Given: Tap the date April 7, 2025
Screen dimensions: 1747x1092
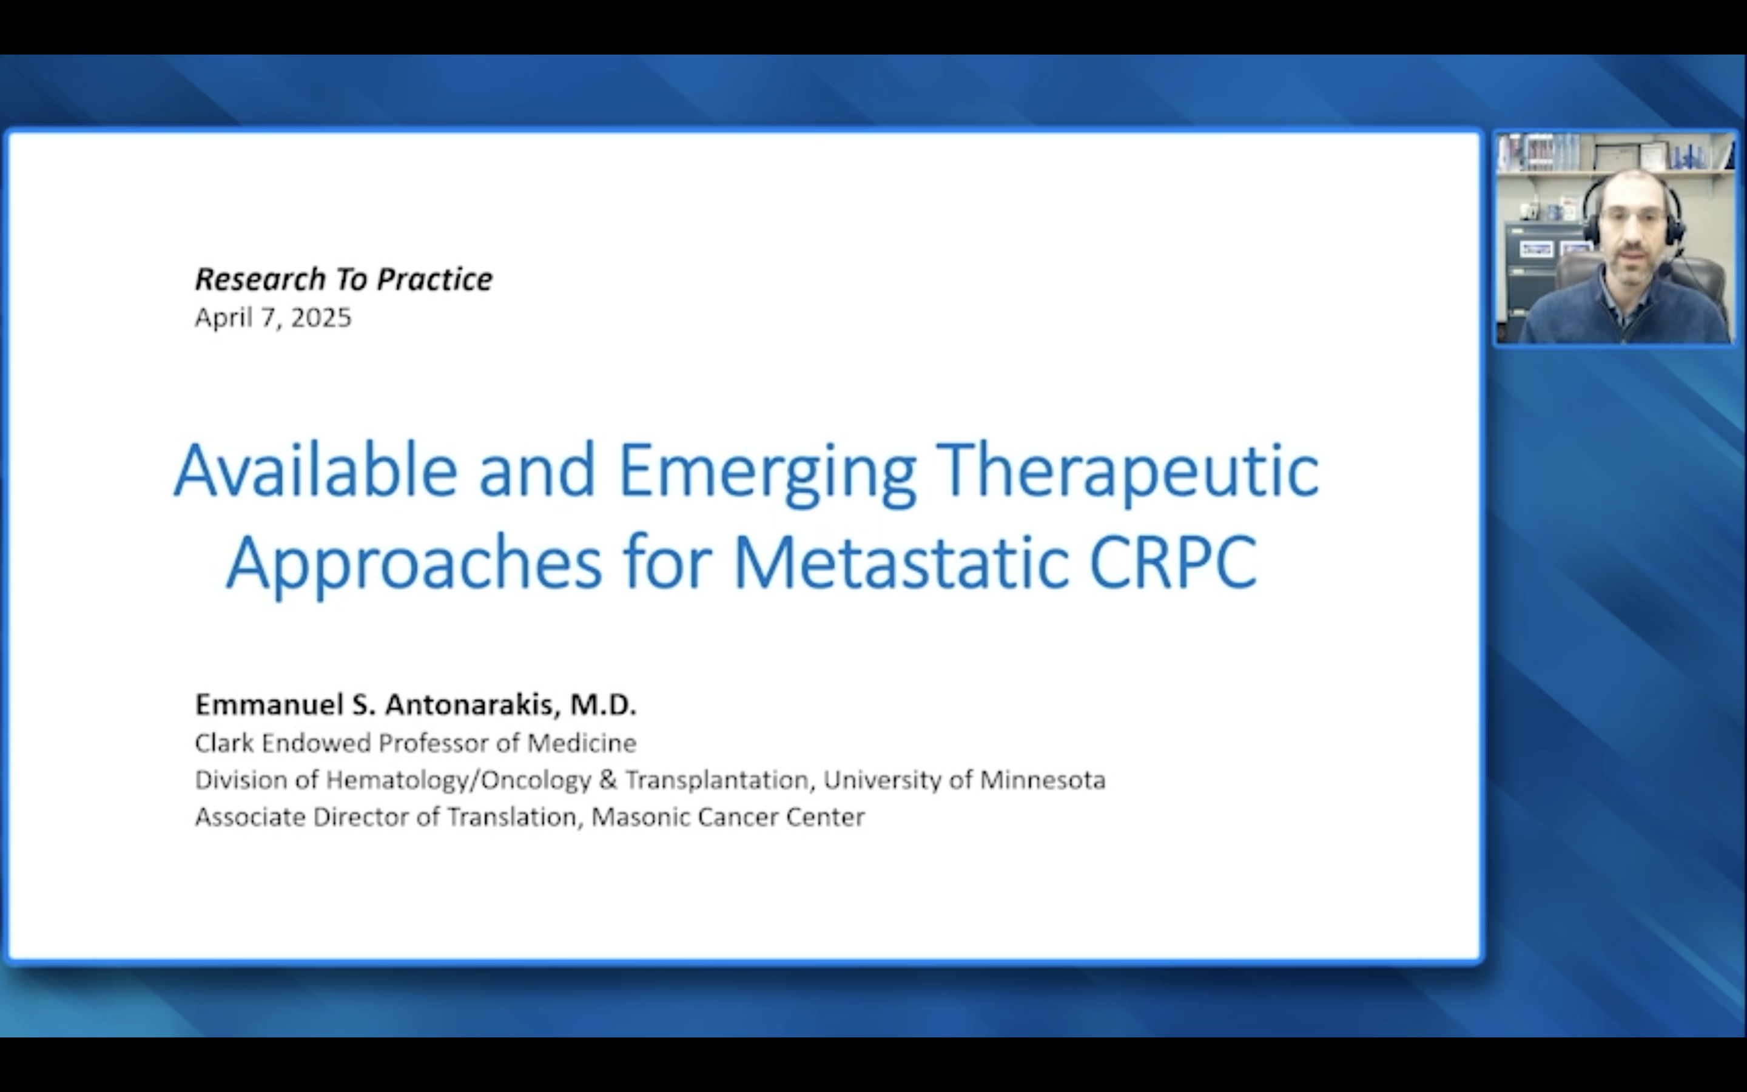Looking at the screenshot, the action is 273,318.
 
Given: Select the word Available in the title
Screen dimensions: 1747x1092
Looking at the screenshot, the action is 315,470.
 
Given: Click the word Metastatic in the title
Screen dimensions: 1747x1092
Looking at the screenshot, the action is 901,562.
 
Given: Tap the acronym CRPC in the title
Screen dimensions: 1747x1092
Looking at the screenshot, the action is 1173,562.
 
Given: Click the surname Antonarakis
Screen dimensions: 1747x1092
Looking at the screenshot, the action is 472,704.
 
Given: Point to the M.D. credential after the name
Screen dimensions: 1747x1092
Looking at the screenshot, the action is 604,704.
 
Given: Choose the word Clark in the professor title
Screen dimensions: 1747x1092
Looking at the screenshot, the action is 224,743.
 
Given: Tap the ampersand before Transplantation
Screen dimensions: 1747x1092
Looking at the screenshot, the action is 608,780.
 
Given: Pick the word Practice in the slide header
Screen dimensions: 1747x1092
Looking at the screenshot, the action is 434,280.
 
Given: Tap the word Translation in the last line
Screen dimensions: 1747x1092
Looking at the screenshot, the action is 512,817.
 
